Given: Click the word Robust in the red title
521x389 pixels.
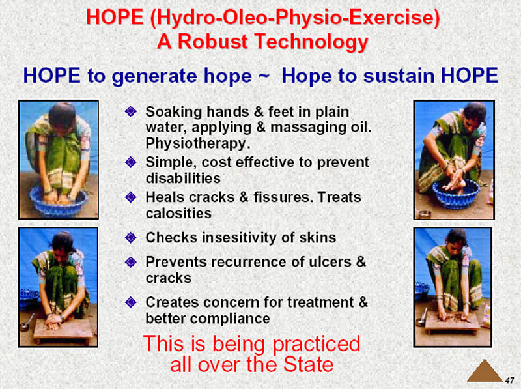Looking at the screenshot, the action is (213, 42).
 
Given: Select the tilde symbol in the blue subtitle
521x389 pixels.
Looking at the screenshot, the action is (263, 76).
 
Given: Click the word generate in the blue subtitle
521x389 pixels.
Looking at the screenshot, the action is (182, 76).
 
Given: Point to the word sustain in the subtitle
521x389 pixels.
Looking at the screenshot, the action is (399, 76).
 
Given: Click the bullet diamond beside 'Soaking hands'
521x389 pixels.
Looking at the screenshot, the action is (131, 111).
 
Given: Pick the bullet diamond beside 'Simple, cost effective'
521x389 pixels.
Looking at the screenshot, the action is (131, 162).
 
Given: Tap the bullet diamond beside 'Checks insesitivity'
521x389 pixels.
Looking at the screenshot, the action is (131, 238).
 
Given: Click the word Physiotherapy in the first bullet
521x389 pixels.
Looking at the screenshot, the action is (198, 143).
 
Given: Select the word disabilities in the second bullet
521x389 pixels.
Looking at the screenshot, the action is (183, 178).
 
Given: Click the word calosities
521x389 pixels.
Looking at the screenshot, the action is (178, 213).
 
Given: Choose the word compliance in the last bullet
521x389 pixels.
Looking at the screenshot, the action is (230, 319).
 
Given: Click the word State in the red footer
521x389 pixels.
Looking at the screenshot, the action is (308, 365).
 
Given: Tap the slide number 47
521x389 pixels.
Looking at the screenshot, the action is (509, 380).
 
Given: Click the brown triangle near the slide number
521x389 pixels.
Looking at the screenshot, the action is (485, 371).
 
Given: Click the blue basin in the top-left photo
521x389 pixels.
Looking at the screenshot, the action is (58, 202).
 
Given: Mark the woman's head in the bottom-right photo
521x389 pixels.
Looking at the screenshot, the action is (457, 238).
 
